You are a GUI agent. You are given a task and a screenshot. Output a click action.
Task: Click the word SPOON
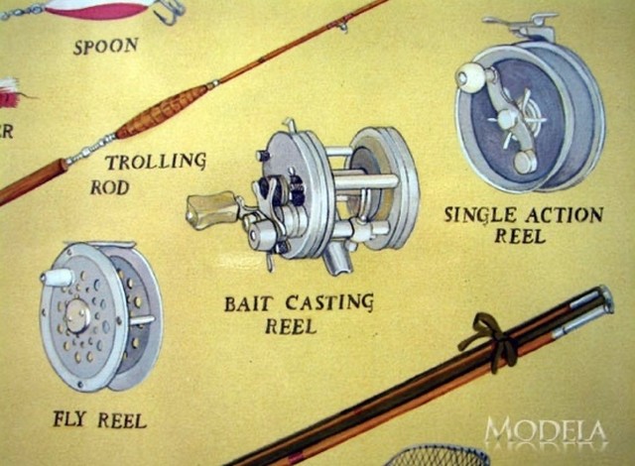tap(105, 46)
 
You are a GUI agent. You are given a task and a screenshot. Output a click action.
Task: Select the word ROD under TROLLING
tap(110, 186)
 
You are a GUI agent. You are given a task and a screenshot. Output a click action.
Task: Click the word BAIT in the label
tap(248, 303)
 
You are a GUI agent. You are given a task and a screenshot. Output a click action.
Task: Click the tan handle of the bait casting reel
tap(209, 208)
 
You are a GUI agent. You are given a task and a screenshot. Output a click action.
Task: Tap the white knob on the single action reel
tap(470, 77)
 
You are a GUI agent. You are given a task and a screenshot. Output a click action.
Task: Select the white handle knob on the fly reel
tap(58, 278)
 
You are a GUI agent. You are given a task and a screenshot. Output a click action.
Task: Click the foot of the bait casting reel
tap(338, 260)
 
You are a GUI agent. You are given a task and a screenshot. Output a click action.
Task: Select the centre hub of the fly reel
tap(78, 316)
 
